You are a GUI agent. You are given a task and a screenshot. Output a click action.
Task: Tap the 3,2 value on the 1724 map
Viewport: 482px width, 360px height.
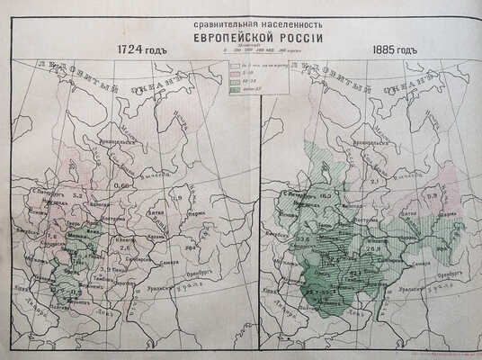(x=77, y=194)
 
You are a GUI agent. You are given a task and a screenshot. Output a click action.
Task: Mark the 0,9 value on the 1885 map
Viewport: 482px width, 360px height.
(x=430, y=196)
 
